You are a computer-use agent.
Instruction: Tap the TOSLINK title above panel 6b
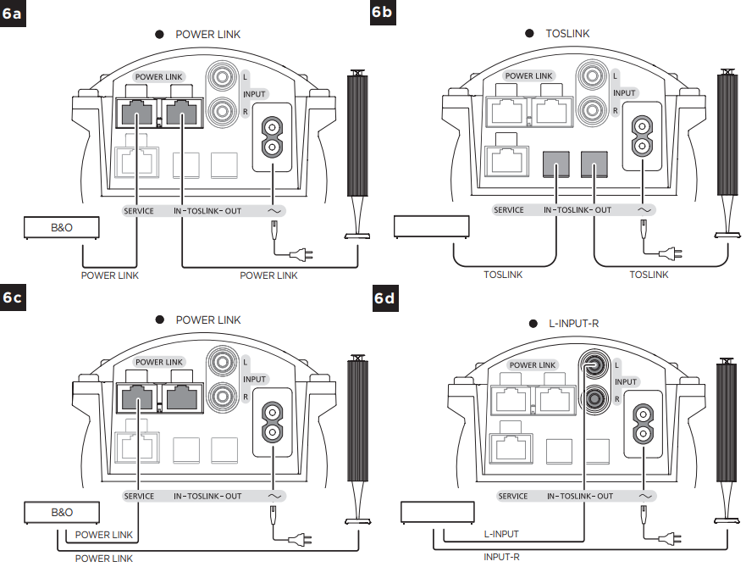click(568, 34)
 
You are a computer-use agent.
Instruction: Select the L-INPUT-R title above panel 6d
click(577, 324)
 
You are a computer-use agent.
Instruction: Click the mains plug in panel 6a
click(299, 252)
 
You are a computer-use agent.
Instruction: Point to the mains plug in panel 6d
click(669, 536)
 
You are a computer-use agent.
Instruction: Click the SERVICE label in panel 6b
click(509, 210)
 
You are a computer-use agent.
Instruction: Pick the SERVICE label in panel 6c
click(139, 496)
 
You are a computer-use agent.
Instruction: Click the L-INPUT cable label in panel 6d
click(501, 534)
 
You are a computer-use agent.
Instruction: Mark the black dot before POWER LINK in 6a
click(157, 34)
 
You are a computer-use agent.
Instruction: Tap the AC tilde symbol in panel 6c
click(274, 496)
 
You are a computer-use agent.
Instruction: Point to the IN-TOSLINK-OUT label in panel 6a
click(207, 210)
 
